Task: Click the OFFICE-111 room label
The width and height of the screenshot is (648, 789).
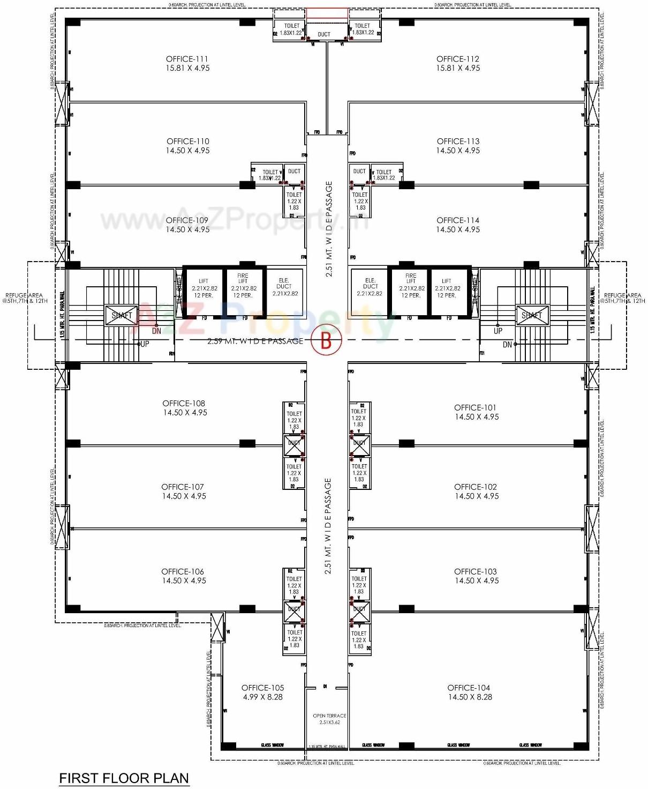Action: click(187, 59)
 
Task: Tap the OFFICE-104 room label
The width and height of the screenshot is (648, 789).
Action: click(469, 688)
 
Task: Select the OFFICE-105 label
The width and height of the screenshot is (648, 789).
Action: click(262, 688)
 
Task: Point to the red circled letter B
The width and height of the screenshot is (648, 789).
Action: click(326, 340)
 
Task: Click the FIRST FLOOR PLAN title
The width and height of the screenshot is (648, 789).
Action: click(124, 778)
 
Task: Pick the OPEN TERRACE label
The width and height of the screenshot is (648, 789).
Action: click(329, 716)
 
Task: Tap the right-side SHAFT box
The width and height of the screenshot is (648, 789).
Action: click(532, 315)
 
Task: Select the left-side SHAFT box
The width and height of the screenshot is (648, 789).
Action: click(122, 315)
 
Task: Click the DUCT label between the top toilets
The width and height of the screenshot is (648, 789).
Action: click(324, 34)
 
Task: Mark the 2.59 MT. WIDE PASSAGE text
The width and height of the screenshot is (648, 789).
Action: click(255, 341)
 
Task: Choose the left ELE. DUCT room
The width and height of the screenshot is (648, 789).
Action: click(284, 287)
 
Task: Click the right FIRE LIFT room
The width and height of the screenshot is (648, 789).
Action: click(411, 285)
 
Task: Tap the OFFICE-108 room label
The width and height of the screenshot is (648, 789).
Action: click(184, 403)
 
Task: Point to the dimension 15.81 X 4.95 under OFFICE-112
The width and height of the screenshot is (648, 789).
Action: click(458, 68)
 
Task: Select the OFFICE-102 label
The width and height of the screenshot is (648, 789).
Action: click(476, 487)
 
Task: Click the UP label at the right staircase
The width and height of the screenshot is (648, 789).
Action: click(498, 331)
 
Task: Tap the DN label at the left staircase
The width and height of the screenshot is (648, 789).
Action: click(156, 331)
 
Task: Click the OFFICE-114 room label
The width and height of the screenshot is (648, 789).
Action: click(458, 220)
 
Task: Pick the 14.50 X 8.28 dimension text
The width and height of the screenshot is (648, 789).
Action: click(470, 697)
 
